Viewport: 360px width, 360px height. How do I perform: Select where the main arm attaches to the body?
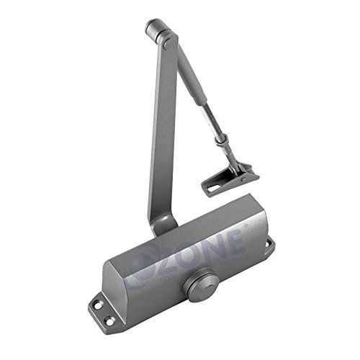click(x=163, y=225)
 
